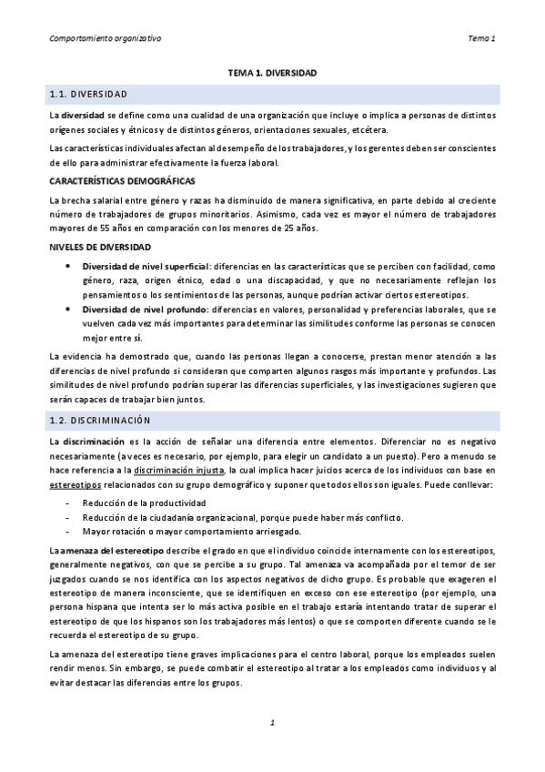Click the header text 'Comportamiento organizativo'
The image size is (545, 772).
click(x=103, y=38)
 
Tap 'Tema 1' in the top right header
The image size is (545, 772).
click(x=480, y=38)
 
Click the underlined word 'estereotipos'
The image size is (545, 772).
click(x=76, y=486)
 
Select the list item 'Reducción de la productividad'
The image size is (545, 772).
click(x=137, y=503)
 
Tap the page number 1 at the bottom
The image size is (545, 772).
click(x=272, y=722)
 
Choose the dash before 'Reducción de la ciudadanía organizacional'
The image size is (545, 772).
click(x=68, y=517)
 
